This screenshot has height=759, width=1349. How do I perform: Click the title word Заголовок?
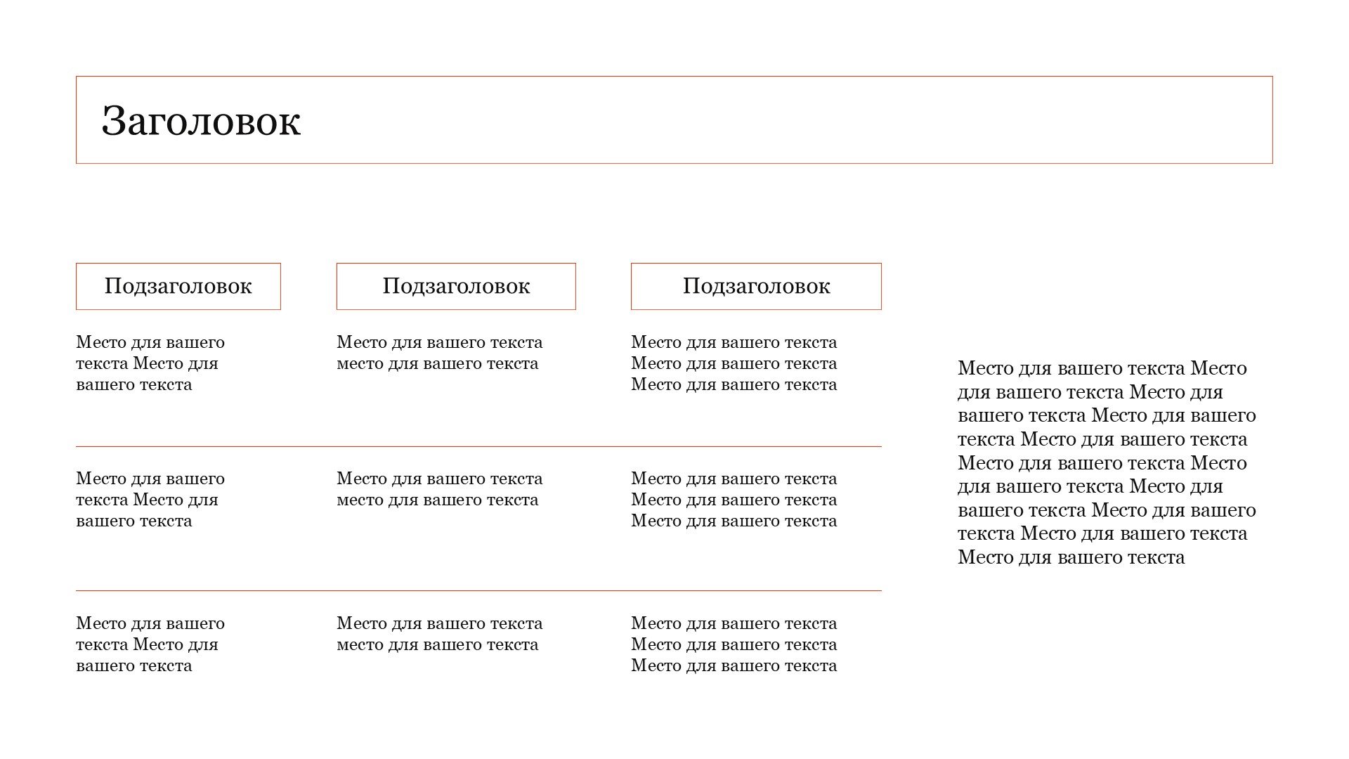click(201, 121)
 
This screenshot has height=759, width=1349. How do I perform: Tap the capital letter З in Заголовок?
click(114, 121)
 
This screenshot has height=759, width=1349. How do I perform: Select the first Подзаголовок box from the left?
click(178, 286)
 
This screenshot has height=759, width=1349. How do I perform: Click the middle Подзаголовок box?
click(456, 286)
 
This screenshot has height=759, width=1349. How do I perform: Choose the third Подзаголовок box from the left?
click(756, 286)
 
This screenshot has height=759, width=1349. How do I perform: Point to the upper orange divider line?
click(478, 446)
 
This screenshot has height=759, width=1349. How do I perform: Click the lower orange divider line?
click(478, 591)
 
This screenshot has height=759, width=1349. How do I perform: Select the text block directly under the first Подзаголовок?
click(150, 363)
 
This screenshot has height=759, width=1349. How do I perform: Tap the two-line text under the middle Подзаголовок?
click(439, 353)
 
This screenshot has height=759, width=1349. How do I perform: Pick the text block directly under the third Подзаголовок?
click(734, 363)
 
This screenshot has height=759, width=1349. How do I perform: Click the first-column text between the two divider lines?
click(150, 500)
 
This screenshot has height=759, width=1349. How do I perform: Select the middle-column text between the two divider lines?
click(439, 489)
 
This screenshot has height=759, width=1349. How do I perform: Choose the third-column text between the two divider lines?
click(734, 500)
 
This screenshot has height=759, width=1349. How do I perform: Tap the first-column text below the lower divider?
click(150, 644)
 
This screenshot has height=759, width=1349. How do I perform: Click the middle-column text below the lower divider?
click(439, 634)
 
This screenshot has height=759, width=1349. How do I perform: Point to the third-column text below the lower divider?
click(734, 644)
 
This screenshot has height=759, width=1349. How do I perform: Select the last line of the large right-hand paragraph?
click(1071, 557)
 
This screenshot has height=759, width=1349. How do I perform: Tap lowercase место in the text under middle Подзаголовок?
click(361, 364)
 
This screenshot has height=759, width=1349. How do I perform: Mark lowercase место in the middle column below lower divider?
click(361, 645)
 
